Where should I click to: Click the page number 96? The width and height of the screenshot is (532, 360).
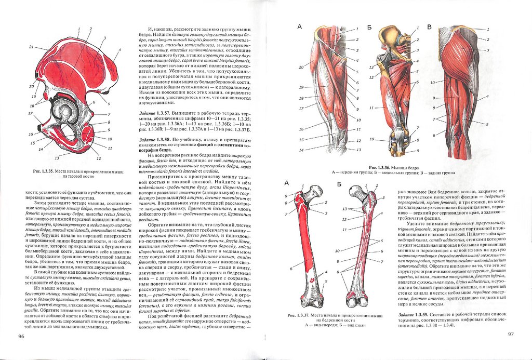[21, 337]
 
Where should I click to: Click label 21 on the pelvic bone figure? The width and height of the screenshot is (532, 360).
[32, 47]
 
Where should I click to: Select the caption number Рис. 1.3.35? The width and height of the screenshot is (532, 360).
[44, 171]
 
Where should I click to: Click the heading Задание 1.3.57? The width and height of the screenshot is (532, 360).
[156, 112]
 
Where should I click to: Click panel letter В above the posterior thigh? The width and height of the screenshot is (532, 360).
[429, 27]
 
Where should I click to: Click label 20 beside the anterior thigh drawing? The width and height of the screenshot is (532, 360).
[301, 67]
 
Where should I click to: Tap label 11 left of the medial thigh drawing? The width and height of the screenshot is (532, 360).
[371, 108]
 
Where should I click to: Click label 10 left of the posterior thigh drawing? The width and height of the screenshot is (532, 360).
[432, 83]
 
